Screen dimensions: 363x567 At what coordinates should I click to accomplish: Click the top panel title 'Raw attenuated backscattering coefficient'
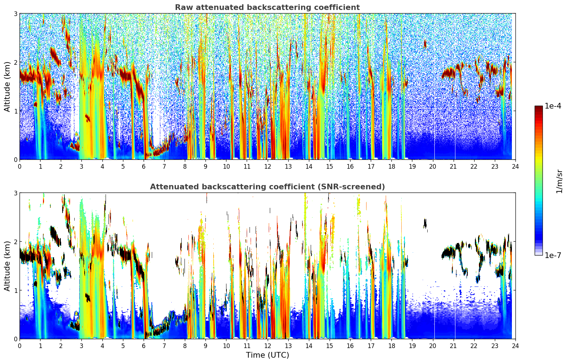267,7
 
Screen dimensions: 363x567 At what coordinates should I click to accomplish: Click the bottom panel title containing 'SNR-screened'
267,187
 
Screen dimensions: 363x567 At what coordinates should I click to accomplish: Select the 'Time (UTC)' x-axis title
267,355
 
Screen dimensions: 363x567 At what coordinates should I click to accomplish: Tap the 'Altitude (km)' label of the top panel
7,86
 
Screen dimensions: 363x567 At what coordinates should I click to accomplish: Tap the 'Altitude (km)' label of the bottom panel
7,266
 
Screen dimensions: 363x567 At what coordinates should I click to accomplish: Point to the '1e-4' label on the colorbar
553,106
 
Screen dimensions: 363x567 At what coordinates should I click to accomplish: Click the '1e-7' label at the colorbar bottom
553,255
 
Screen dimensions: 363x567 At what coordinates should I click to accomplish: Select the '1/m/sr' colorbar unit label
559,181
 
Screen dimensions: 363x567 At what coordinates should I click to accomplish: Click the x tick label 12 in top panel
267,167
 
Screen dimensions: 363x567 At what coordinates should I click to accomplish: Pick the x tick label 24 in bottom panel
515,346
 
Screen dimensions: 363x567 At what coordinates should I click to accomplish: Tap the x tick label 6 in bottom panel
144,346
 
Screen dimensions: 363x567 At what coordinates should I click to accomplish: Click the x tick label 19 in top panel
412,167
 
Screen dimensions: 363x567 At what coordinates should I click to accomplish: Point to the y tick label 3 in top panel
15,14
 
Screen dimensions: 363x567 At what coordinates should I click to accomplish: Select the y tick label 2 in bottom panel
15,242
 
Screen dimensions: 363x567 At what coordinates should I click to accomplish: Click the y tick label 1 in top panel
15,111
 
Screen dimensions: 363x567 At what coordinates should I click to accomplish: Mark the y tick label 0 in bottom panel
15,339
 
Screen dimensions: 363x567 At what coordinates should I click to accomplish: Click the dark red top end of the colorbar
538,107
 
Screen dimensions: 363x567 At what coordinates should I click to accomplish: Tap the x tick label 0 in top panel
20,167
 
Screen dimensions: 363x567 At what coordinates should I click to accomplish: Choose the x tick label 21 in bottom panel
453,346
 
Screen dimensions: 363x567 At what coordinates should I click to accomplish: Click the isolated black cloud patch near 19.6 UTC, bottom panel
425,223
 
